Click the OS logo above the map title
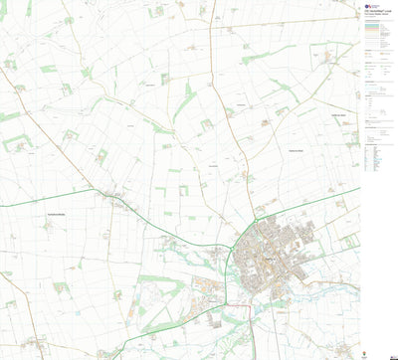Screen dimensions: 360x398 pyautogui.click(x=368, y=5)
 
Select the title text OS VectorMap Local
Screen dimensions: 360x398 pyautogui.click(x=377, y=12)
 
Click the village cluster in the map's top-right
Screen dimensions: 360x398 pyautogui.click(x=328, y=58)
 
